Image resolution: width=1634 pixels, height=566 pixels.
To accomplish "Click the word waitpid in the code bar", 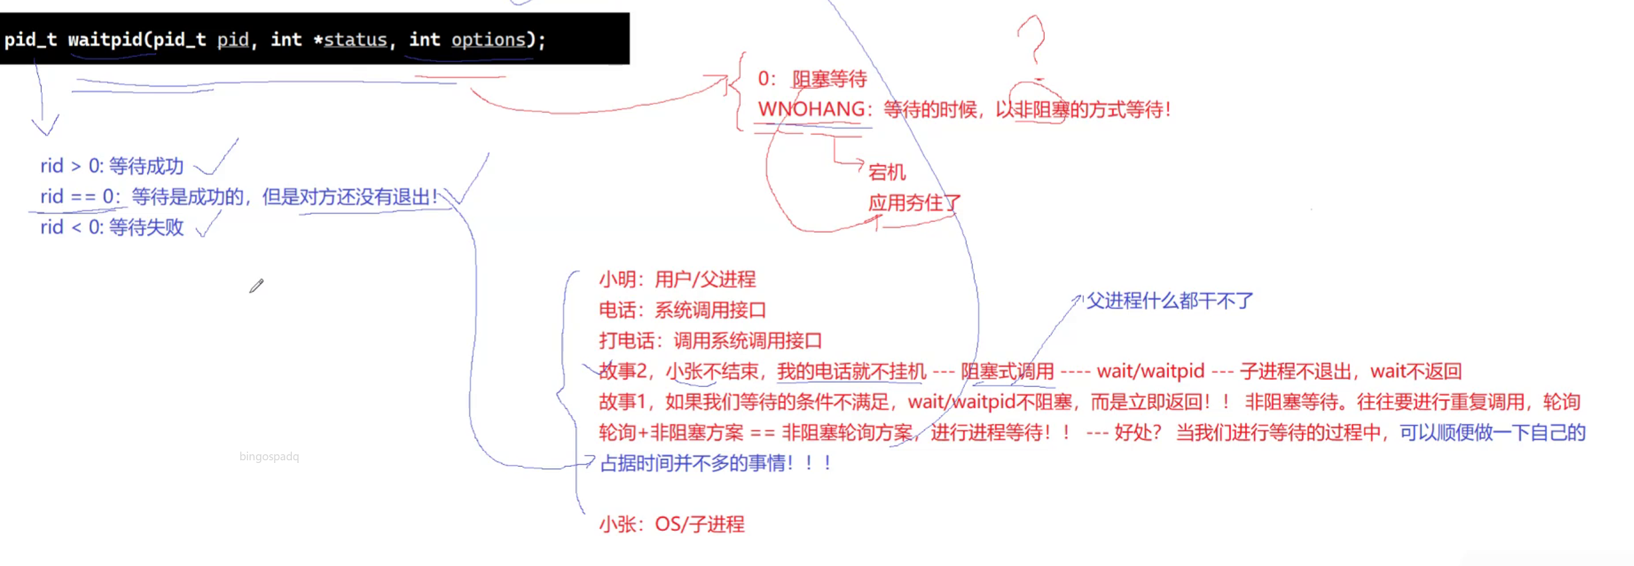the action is point(105,40).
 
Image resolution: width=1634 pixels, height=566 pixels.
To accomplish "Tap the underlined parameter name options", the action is point(488,40).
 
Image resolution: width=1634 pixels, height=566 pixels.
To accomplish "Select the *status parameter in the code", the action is point(351,40).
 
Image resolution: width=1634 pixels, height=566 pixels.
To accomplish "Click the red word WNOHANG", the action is point(811,109).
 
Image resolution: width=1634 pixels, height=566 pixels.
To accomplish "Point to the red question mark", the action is point(1031,40).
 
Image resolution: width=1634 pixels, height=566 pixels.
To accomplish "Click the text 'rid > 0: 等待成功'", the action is point(112,166).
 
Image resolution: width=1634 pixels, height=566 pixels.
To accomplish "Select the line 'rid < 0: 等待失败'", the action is point(112,227).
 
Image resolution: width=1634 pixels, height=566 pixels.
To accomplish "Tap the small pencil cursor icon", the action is point(257,286).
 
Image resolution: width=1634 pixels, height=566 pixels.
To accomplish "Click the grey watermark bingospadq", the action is point(269,456).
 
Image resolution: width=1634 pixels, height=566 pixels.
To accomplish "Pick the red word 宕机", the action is point(887,172).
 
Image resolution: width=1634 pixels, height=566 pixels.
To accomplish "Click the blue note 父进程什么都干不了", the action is point(1170,301).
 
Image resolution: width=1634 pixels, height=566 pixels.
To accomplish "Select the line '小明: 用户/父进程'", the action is point(677,279).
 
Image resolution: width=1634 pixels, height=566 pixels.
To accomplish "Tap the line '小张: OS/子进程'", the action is point(672,524).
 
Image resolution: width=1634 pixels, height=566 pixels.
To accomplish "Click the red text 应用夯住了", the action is point(914,203).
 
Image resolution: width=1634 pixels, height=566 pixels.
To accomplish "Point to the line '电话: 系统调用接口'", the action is point(682,310).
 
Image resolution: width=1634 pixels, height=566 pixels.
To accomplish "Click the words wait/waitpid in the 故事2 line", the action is point(1151,371).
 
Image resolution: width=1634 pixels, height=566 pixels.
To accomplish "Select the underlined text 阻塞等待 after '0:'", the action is point(829,79).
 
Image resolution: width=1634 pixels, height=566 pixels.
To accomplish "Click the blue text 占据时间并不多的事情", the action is point(695,463).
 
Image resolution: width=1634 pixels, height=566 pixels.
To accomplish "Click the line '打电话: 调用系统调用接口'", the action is point(710,341).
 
